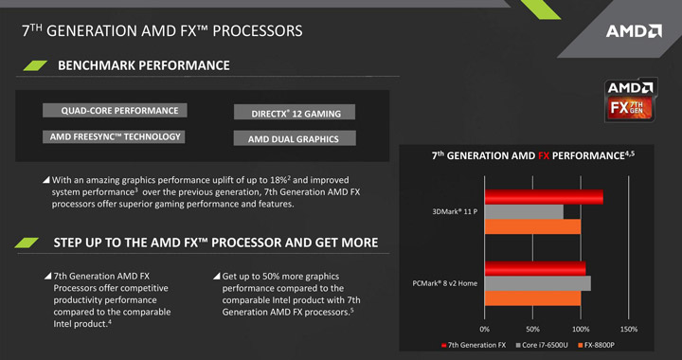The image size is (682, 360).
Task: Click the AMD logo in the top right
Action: pyautogui.click(x=634, y=31)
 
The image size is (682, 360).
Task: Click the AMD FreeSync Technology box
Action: pyautogui.click(x=113, y=136)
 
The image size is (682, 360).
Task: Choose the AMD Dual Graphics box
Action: pyautogui.click(x=295, y=139)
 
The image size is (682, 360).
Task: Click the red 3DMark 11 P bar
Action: pyautogui.click(x=544, y=196)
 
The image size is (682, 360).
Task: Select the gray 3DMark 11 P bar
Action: pyautogui.click(x=524, y=211)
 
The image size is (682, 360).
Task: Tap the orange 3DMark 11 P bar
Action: pyautogui.click(x=532, y=226)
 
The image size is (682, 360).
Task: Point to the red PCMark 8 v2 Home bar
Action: pyautogui.click(x=535, y=268)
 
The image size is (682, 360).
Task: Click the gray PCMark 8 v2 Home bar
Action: pyautogui.click(x=537, y=283)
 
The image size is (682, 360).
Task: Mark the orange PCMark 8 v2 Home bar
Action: pyautogui.click(x=532, y=298)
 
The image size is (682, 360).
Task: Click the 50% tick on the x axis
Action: pyautogui.click(x=532, y=329)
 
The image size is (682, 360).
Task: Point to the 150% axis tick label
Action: pyautogui.click(x=628, y=329)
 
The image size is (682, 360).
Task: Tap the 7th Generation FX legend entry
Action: pyautogui.click(x=473, y=345)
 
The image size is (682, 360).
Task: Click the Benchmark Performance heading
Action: pyautogui.click(x=143, y=65)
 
